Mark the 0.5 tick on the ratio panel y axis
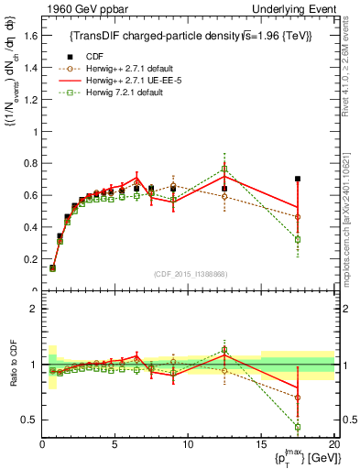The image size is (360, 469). coord(30,420)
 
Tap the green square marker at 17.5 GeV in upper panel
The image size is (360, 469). coord(297,239)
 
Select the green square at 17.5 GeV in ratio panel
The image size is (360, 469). coord(297,427)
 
